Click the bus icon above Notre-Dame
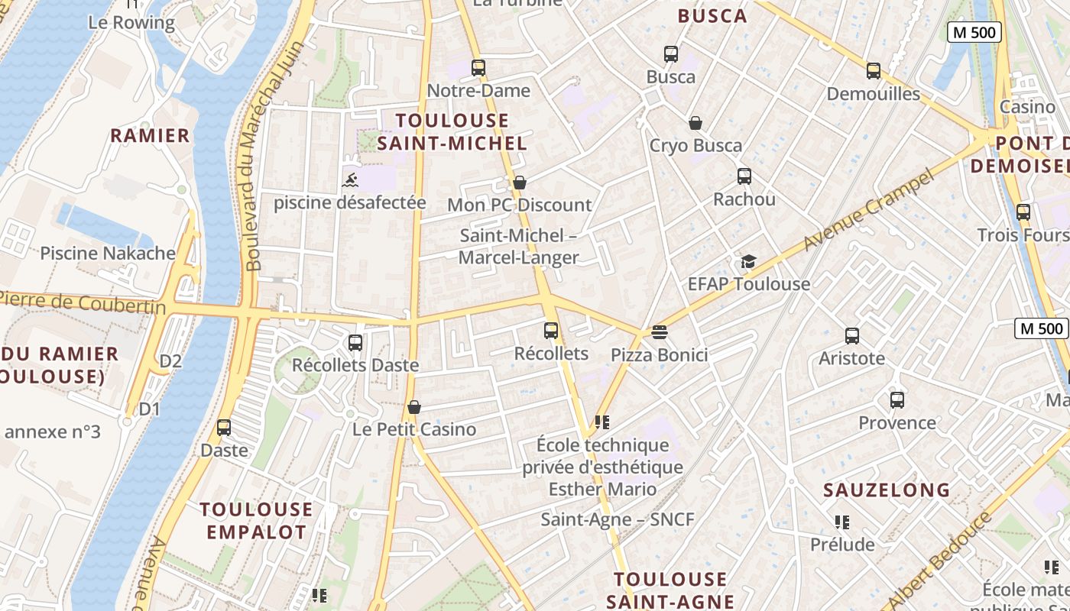(478, 67)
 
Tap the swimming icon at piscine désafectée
(349, 180)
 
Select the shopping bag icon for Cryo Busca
(695, 122)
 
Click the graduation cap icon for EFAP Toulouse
(747, 262)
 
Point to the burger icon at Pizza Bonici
(660, 332)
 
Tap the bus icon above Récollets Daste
(355, 342)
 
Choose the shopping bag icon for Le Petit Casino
(414, 407)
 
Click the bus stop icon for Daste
(224, 428)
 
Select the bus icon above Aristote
(851, 335)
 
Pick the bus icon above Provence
(897, 399)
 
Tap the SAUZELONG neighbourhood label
(887, 490)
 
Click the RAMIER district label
(150, 136)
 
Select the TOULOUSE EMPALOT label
(256, 521)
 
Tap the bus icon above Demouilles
(874, 71)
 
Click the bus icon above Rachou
(744, 176)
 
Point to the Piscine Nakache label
(108, 253)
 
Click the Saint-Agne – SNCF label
(618, 519)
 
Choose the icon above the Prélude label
(841, 522)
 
